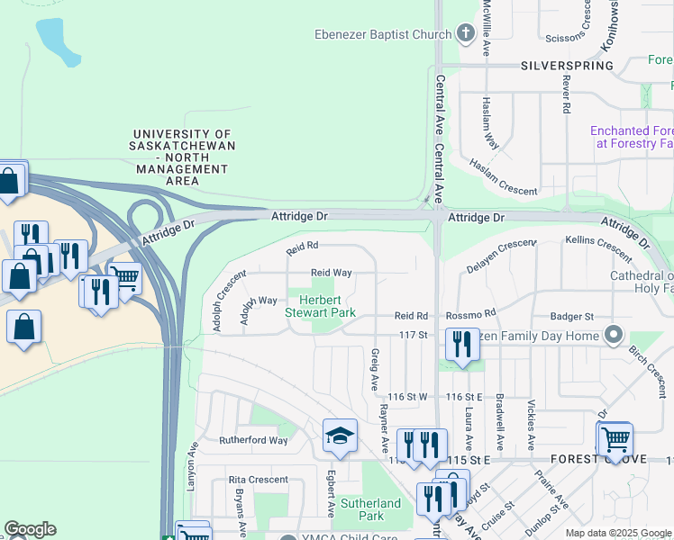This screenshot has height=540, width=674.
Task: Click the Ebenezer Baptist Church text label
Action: tap(382, 35)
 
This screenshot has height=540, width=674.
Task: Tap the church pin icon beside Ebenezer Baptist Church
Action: tap(465, 35)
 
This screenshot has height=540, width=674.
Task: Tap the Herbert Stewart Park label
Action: tap(320, 306)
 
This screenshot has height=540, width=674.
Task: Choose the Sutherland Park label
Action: tap(370, 509)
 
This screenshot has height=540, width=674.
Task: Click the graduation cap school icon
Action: tap(341, 436)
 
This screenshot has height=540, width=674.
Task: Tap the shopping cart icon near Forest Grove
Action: tap(616, 439)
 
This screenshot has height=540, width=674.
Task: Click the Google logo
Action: tap(30, 529)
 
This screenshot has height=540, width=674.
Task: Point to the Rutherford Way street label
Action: tap(253, 441)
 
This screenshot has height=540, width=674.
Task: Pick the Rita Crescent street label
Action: tap(258, 480)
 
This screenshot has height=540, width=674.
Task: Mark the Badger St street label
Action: tap(572, 316)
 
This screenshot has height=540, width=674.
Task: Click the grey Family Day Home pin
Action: tap(614, 336)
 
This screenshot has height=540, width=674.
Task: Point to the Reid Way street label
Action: tap(331, 272)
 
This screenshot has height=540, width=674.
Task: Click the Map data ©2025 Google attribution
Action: tap(618, 533)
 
